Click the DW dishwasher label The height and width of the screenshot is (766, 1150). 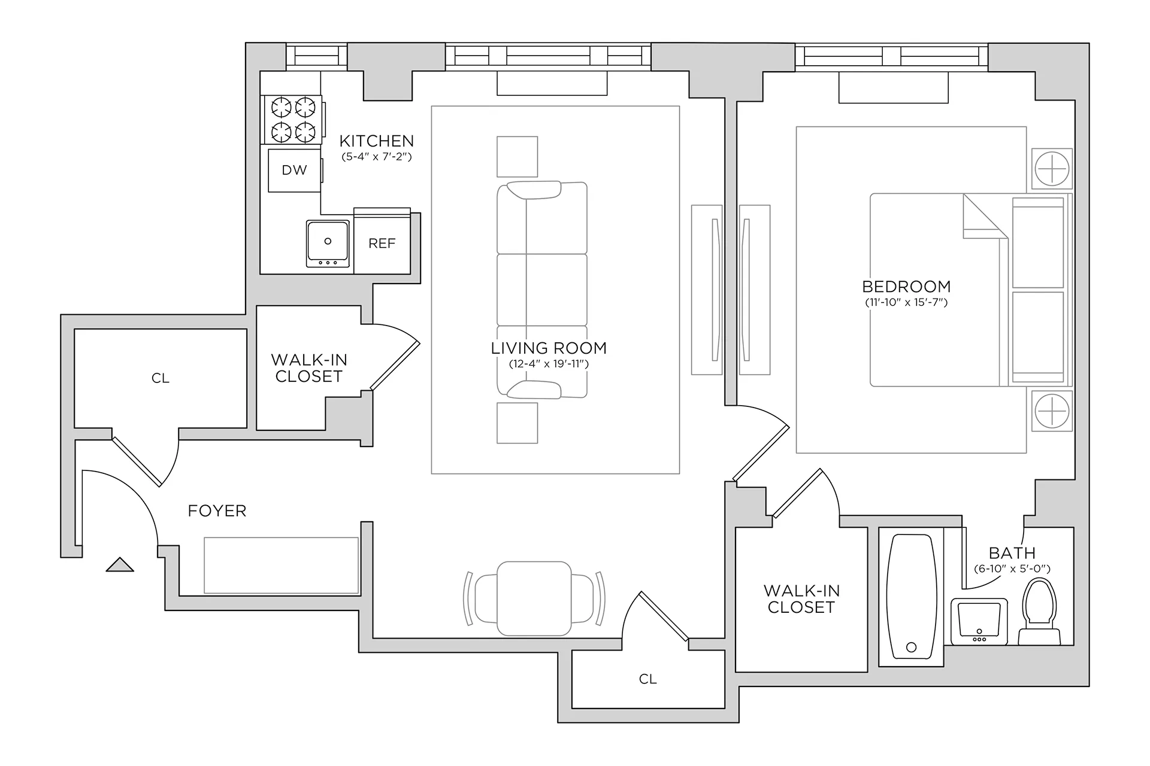(294, 171)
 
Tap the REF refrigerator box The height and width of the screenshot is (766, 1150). (382, 243)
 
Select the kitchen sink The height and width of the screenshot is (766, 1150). (328, 243)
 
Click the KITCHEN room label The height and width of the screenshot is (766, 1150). (377, 141)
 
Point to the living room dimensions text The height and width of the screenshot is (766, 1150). (549, 364)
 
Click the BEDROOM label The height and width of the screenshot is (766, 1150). (906, 287)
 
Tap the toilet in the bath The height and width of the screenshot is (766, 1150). (1039, 610)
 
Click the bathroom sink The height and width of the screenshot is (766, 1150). (979, 621)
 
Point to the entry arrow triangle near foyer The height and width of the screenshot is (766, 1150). (120, 565)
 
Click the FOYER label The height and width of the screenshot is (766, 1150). (217, 511)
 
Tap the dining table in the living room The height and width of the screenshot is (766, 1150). (534, 598)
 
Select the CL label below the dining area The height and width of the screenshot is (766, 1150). (647, 679)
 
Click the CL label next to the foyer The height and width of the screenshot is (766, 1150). (161, 378)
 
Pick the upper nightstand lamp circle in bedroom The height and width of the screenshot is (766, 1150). (1052, 169)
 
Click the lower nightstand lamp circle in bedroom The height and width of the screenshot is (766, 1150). (1052, 411)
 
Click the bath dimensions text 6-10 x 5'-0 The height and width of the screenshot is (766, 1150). (1012, 569)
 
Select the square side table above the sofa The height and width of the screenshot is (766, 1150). (517, 157)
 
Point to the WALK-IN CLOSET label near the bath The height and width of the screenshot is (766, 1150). (801, 599)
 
